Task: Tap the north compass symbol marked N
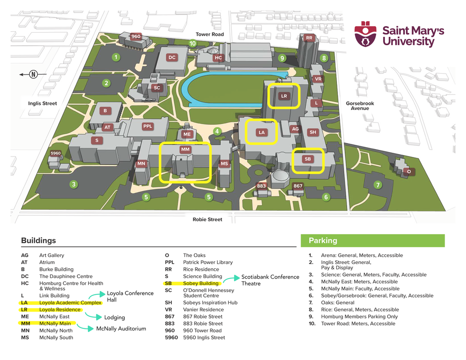(x=33, y=74)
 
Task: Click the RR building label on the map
(x=308, y=38)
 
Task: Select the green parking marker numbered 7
(x=378, y=185)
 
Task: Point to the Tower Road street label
(x=209, y=34)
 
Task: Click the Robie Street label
(x=207, y=219)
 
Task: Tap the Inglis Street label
(x=42, y=103)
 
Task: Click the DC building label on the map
(x=172, y=57)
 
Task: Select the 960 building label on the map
(x=136, y=36)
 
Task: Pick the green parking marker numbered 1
(x=116, y=57)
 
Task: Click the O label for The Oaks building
(x=409, y=171)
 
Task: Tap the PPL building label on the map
(x=148, y=126)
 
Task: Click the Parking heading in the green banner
(x=322, y=241)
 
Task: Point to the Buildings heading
(x=38, y=241)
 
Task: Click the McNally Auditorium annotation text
(x=121, y=328)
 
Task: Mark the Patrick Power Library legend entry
(x=207, y=262)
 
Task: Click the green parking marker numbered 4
(x=217, y=131)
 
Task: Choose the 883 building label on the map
(x=261, y=186)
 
